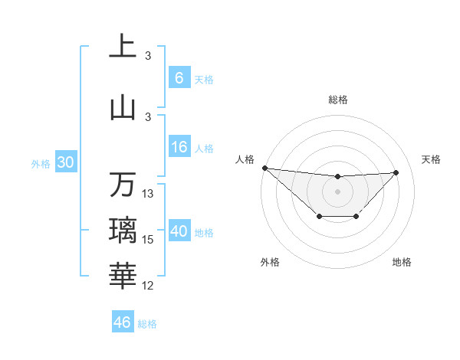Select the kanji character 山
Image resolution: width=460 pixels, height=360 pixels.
pos(123,108)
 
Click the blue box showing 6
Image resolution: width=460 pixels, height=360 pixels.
pos(179,78)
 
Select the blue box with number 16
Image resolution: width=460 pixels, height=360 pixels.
pos(179,148)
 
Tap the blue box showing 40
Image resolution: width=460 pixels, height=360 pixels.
pos(179,231)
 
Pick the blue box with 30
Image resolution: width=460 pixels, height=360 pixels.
pos(65,162)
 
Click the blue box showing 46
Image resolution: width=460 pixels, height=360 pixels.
pos(122,322)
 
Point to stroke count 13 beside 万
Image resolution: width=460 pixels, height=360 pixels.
pos(148,194)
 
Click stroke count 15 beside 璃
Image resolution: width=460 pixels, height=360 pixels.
pos(148,240)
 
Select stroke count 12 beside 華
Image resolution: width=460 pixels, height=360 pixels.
pos(148,286)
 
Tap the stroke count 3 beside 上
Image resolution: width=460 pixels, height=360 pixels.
pos(148,56)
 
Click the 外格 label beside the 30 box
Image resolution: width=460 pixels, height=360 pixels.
pos(41,163)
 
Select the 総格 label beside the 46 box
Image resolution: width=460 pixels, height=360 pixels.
pos(147,324)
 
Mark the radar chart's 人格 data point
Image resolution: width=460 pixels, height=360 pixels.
pos(264,168)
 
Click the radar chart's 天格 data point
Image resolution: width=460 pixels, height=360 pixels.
pos(396,172)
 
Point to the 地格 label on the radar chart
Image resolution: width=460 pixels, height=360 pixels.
pos(402,262)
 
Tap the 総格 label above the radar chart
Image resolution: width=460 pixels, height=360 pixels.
pos(337,100)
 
